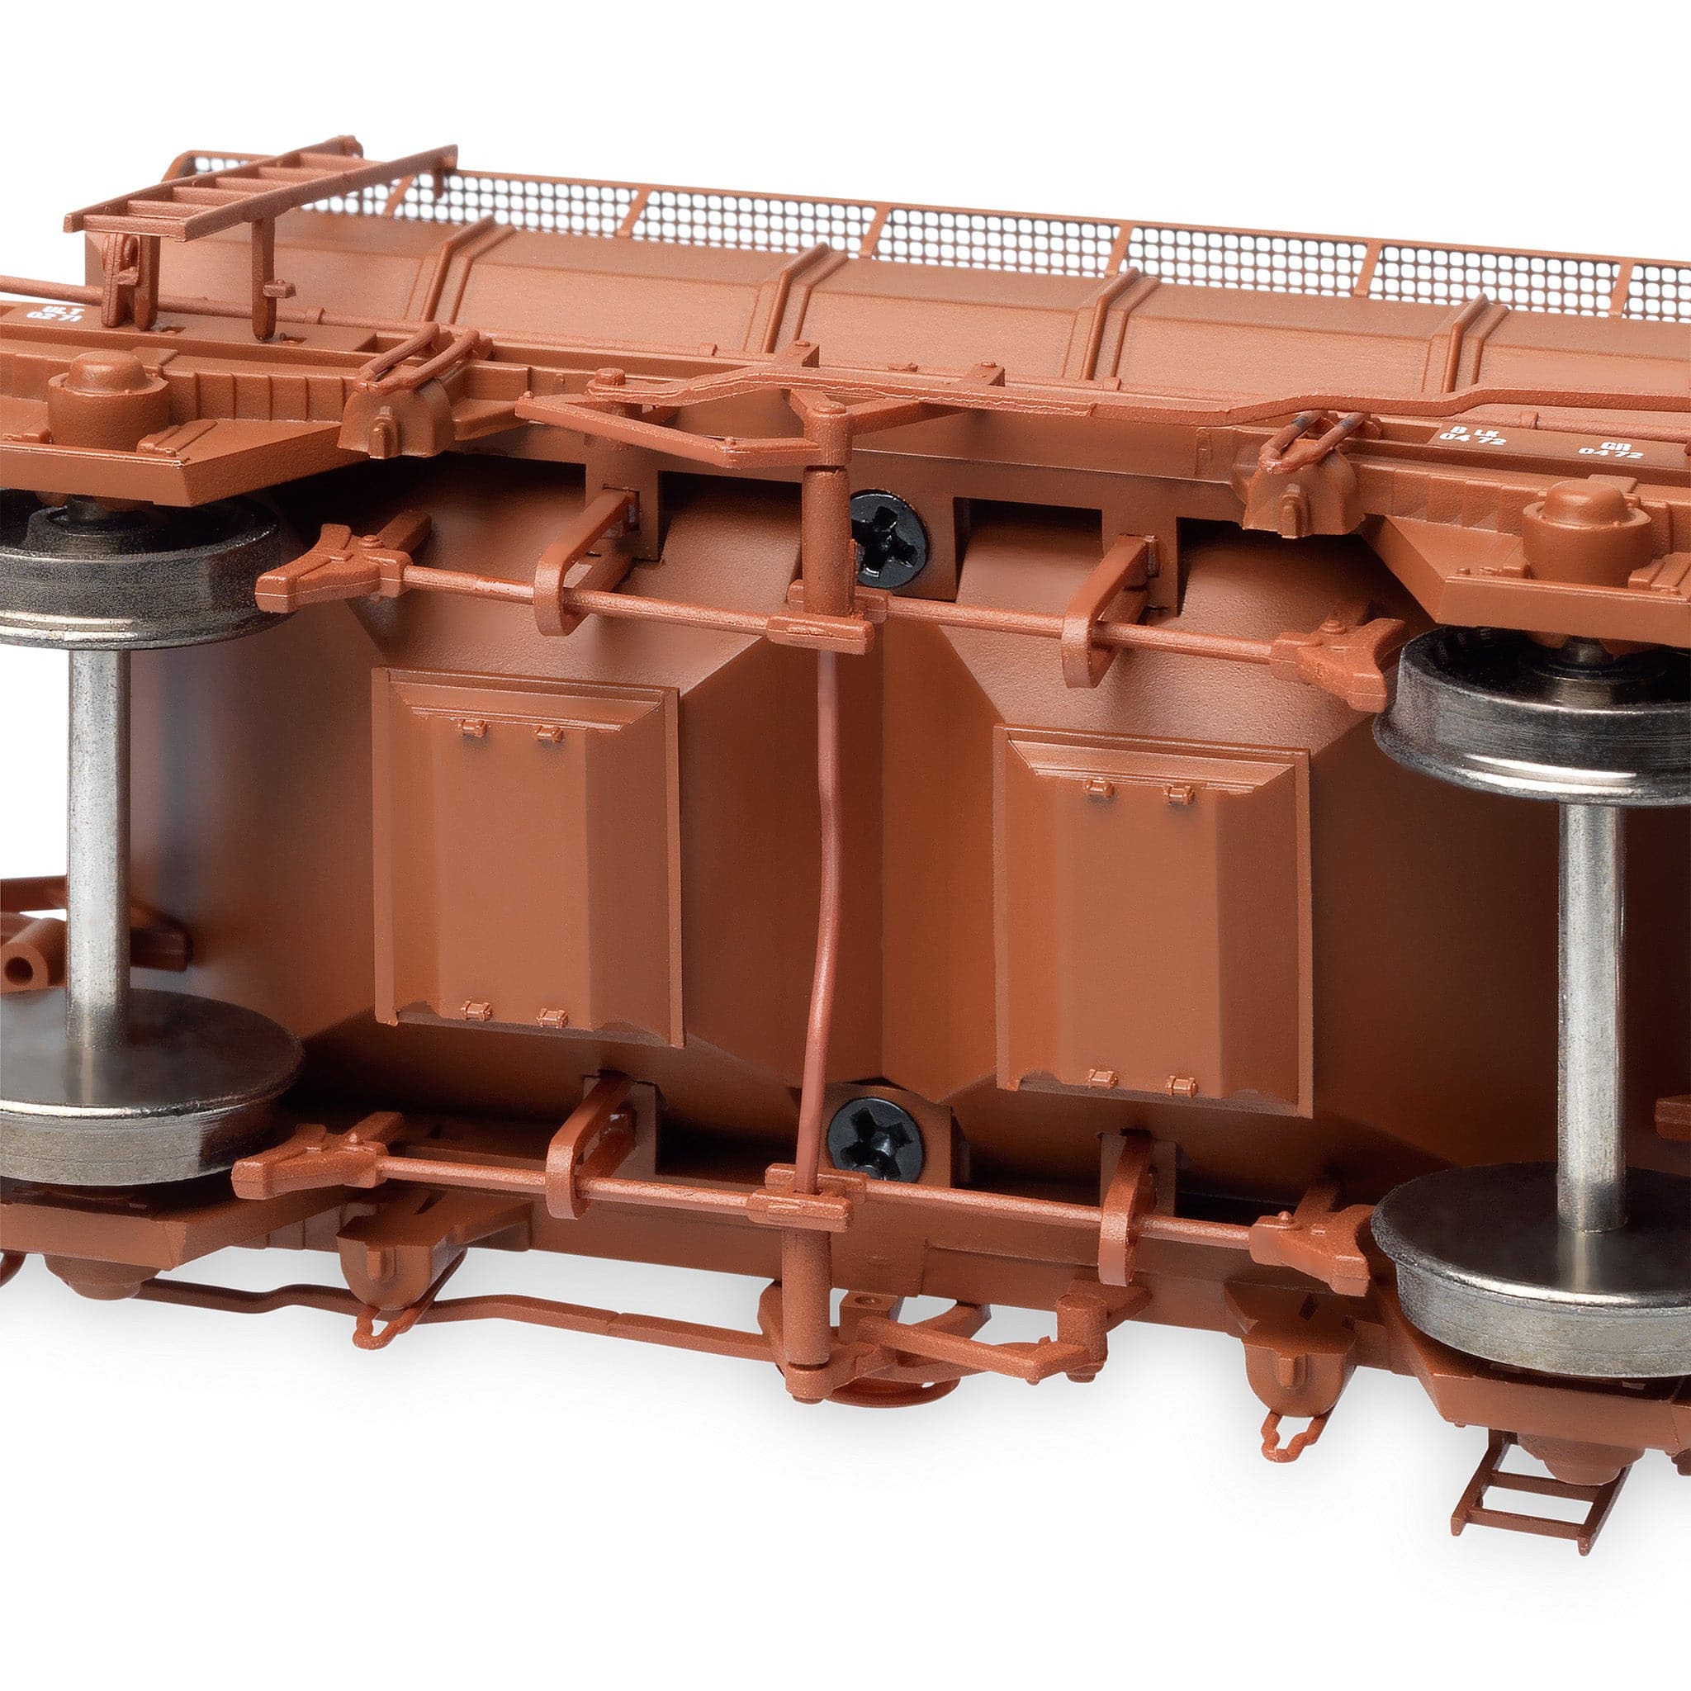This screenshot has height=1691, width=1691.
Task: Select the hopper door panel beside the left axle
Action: point(528,854)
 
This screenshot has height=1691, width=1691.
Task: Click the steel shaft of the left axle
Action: point(97,822)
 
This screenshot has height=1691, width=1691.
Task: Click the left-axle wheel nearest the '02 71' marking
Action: point(131,560)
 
